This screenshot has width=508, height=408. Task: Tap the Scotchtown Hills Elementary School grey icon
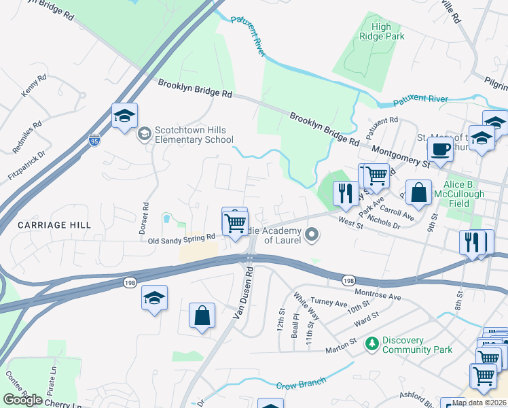pos(144,134)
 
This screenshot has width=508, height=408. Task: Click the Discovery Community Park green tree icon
pos(371,345)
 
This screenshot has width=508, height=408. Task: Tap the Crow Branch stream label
pos(297,386)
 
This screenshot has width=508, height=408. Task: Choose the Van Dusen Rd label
pos(244,293)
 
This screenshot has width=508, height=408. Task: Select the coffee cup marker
pos(440,150)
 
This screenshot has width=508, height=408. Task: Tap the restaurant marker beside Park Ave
pos(345,193)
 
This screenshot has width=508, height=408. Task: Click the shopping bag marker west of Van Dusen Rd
pos(202,316)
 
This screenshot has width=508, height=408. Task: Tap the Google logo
pos(22,400)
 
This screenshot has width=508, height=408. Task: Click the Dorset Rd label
pos(145,214)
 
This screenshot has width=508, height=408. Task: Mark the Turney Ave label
pos(329,301)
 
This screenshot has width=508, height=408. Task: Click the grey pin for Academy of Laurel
pos(312,235)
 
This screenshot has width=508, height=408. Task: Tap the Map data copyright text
pos(479,403)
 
